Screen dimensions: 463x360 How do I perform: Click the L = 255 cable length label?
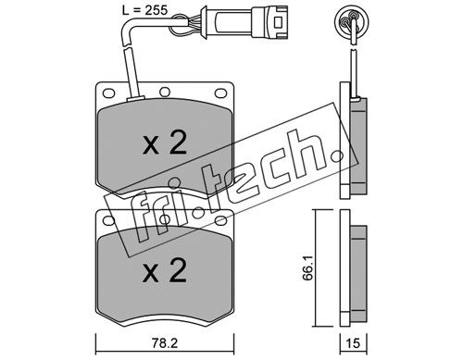pos(144,10)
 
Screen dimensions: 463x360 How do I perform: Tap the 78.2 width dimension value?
pos(165,343)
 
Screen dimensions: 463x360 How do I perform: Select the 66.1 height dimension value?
pos(307,267)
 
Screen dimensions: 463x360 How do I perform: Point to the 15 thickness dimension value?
pos(354,343)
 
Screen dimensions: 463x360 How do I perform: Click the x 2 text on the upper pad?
pos(165,143)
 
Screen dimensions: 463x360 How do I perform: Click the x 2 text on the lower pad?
pos(165,270)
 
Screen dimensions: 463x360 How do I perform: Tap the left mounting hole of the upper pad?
pos(108,93)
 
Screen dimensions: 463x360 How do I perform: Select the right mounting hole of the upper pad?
pos(220,93)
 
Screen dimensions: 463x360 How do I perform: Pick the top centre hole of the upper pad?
pos(165,92)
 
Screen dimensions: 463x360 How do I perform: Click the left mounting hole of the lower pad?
pos(108,220)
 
